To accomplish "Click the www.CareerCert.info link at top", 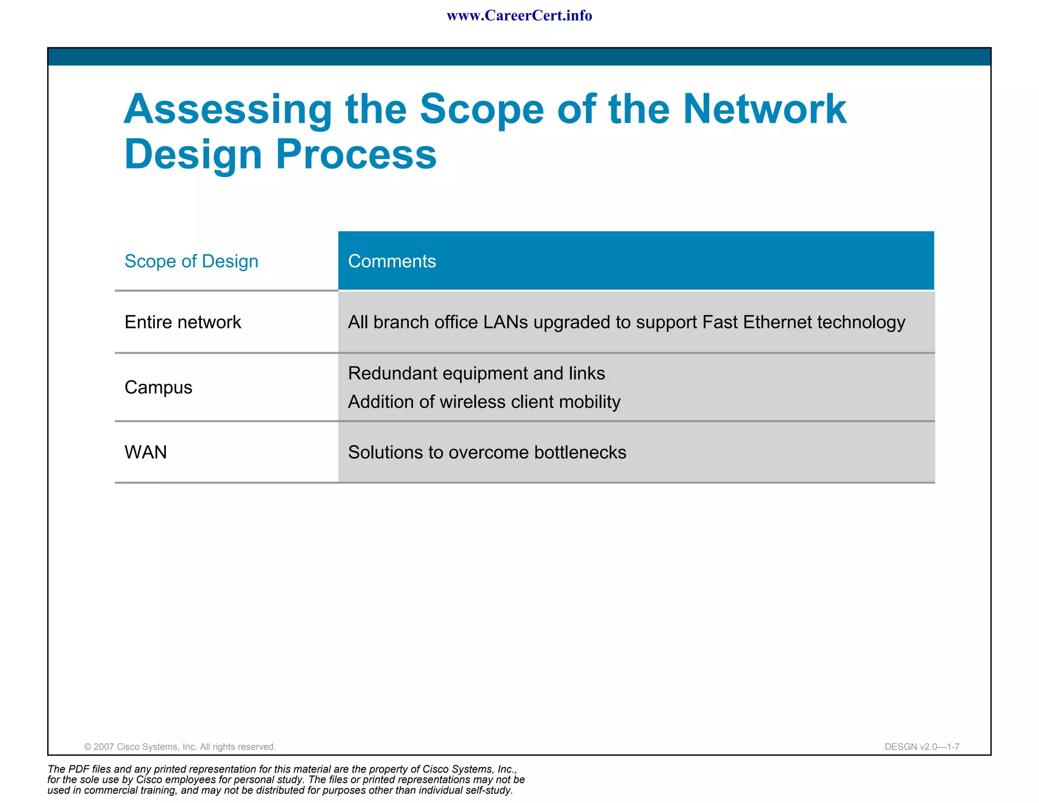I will click(x=519, y=16).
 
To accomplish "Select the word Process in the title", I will click(x=356, y=154).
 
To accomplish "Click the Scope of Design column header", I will click(x=191, y=261).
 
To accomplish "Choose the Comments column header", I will click(x=392, y=261).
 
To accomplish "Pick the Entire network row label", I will click(x=183, y=322).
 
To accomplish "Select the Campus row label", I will click(x=158, y=388).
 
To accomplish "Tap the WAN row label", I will click(x=146, y=452).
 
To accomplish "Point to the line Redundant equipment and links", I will click(x=476, y=374).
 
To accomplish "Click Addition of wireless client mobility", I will click(x=484, y=402).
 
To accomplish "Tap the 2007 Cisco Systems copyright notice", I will click(x=180, y=747).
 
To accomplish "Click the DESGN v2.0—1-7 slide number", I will click(x=921, y=747).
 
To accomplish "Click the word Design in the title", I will click(x=193, y=154).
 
